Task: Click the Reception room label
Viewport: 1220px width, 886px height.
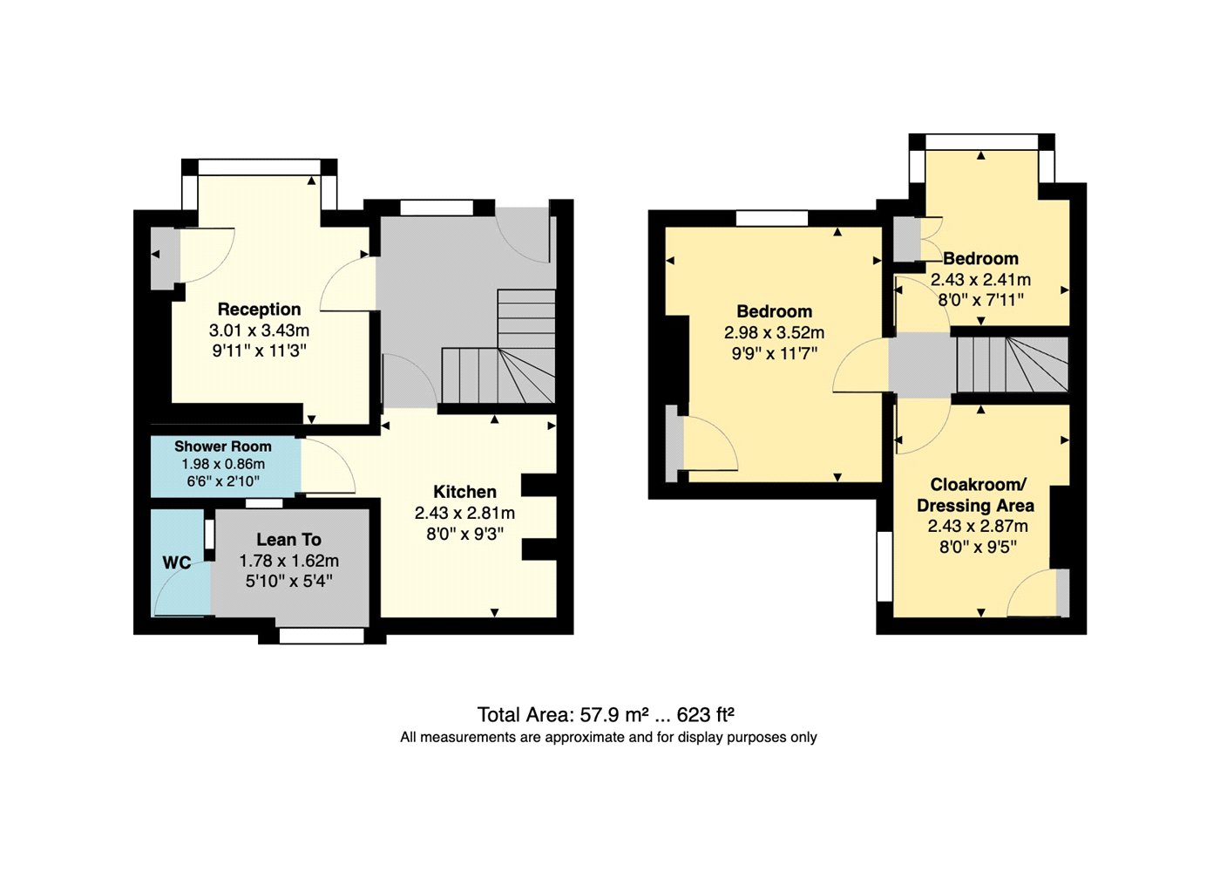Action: pos(260,310)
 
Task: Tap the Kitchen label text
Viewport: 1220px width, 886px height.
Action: pos(464,492)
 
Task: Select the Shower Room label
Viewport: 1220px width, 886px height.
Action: pos(223,446)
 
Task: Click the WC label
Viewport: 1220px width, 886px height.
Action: pos(176,562)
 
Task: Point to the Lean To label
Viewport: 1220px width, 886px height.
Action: pos(288,540)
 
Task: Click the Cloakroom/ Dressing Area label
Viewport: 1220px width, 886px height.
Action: pos(975,494)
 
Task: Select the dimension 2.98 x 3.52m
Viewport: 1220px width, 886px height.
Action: pos(774,333)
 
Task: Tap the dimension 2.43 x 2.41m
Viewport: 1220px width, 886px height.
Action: pos(980,280)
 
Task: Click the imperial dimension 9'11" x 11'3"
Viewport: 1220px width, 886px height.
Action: pos(260,351)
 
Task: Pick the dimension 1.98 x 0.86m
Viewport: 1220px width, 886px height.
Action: pos(223,464)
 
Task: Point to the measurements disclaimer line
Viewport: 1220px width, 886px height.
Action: pos(608,737)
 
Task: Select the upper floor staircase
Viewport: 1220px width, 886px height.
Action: pos(1012,365)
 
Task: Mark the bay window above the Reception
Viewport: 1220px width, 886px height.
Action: pos(260,167)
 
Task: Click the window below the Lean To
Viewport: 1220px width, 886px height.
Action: pos(322,636)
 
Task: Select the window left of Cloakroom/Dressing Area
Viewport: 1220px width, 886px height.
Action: pos(884,567)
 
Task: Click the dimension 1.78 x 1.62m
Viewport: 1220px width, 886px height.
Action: pos(288,562)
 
